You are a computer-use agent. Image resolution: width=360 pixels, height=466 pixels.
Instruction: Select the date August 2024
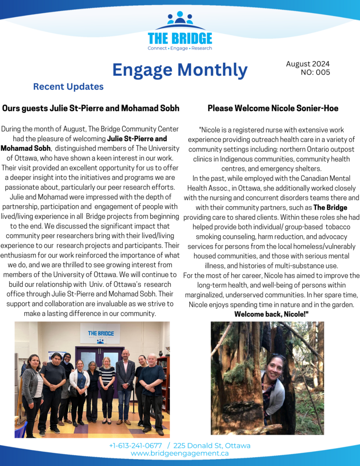point(308,64)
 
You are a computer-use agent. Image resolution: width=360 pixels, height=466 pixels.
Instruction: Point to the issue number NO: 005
point(315,72)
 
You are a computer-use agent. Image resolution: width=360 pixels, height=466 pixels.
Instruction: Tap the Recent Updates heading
point(68,86)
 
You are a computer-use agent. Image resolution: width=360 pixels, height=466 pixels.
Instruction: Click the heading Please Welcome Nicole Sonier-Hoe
point(273,108)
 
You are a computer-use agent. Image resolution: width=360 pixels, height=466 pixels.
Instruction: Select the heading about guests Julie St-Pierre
point(91,108)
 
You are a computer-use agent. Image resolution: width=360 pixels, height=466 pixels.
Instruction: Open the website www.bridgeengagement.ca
point(180,453)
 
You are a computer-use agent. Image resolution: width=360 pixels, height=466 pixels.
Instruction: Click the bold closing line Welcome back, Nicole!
point(272,314)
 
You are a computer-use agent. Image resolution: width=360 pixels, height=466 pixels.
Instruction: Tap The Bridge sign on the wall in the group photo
point(100,334)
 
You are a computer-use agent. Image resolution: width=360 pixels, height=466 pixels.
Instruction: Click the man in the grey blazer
point(125,378)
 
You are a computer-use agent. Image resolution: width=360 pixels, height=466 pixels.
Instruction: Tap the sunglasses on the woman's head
point(277,358)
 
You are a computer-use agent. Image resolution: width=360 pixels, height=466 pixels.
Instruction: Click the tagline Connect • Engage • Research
point(180,48)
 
